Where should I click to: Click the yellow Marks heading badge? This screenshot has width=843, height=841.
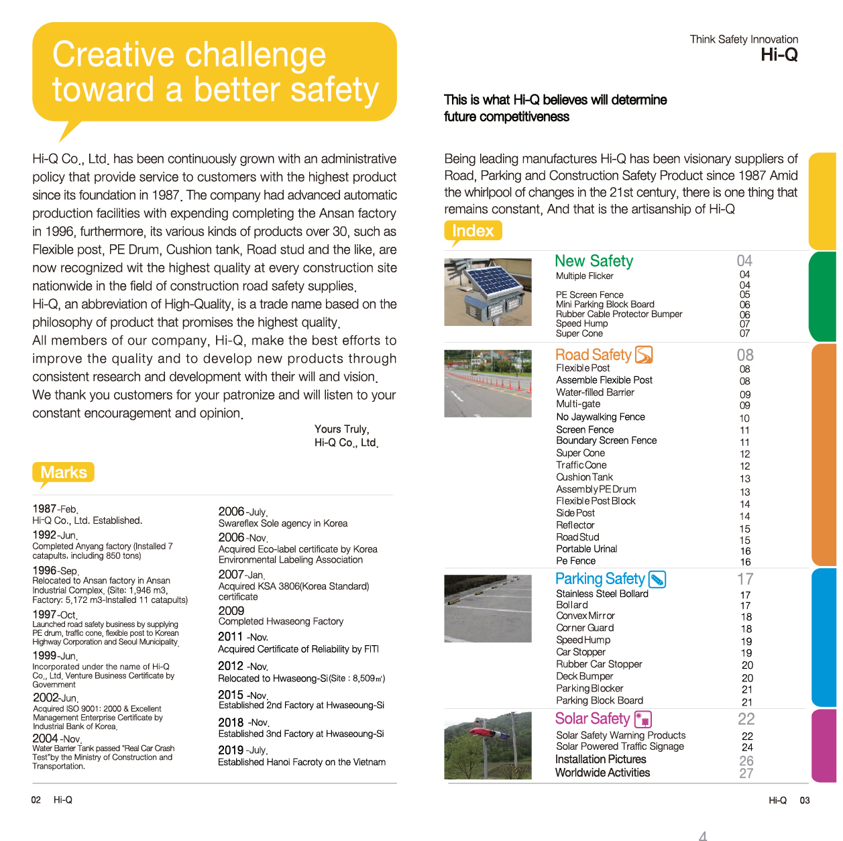pos(63,472)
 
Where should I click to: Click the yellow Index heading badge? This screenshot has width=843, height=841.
pos(473,231)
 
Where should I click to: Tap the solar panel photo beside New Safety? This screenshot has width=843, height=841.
pos(488,292)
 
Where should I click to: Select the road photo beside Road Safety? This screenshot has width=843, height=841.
pos(488,383)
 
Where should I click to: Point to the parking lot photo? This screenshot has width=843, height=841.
pos(488,608)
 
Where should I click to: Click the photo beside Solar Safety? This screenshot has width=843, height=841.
pos(488,745)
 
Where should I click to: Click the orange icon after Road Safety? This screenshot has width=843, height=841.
pos(644,354)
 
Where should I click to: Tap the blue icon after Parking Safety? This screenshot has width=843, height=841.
pos(657,579)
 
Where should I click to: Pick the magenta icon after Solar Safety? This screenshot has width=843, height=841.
pos(643,719)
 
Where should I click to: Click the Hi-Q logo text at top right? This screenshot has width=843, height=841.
pos(779,55)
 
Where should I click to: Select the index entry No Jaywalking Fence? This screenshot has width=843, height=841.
pos(600,417)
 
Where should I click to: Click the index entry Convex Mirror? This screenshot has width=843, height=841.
pos(585,616)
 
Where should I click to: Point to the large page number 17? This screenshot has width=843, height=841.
pos(745,579)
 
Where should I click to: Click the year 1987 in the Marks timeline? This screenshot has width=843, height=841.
pos(44,508)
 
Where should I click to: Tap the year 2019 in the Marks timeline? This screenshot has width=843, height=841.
pos(230,750)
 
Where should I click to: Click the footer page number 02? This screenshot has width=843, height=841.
pos(36,799)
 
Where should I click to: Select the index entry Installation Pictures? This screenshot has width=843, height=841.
pos(600,759)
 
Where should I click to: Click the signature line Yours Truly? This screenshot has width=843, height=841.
pos(341,429)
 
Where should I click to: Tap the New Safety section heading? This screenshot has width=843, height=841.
pos(594,261)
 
